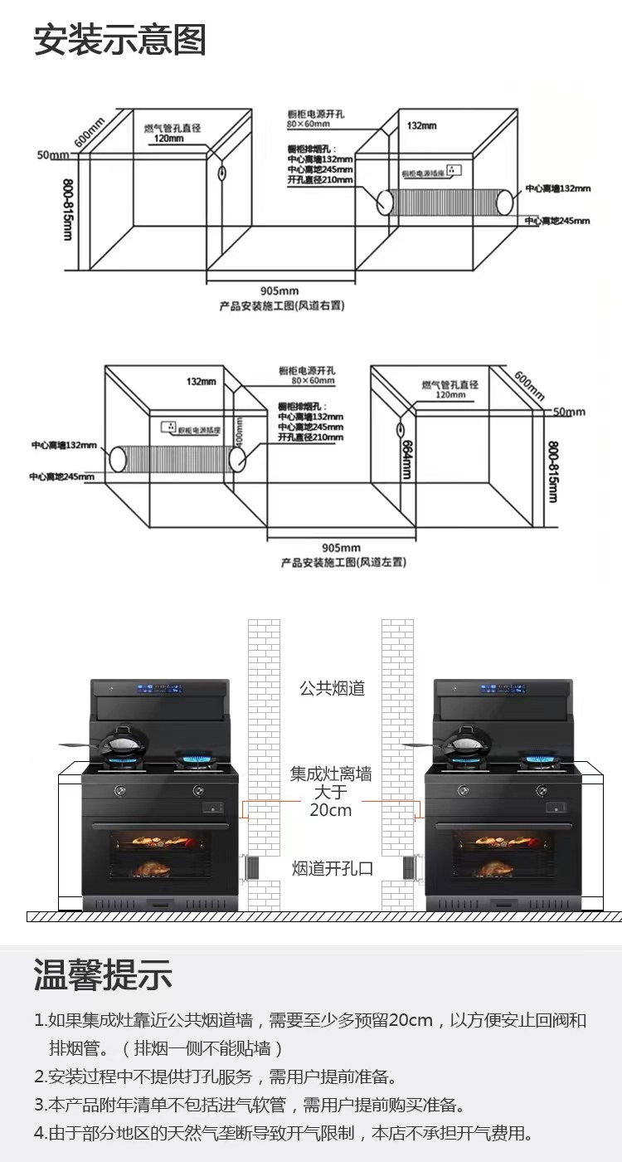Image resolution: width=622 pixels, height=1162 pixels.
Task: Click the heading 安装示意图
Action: pos(119,39)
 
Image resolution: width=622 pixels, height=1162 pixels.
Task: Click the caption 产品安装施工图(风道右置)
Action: pos(282,305)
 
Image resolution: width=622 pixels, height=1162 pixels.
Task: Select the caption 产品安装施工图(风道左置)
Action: pos(343,563)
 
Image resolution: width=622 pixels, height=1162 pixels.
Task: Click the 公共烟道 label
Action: pos(332,688)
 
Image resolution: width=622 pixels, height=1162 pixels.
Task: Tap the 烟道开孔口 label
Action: pos(333,868)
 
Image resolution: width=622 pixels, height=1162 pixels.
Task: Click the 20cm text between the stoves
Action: pos(331,810)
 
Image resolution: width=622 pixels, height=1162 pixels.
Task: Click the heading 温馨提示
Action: pos(103,974)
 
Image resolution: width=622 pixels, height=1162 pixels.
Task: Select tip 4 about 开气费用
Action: pos(283,1133)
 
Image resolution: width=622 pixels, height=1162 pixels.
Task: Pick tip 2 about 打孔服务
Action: pos(216,1077)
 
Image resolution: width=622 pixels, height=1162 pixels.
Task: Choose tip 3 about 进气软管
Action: pos(249,1105)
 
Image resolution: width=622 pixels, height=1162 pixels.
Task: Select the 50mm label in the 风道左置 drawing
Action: pos(569,412)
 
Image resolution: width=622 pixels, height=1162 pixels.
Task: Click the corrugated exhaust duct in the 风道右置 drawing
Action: pos(446,202)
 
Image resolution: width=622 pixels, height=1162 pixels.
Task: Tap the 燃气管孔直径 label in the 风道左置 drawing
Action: pos(450,385)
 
